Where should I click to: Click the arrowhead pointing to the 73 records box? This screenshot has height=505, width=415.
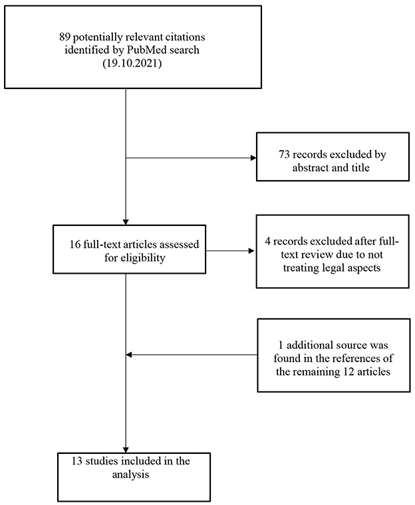253,159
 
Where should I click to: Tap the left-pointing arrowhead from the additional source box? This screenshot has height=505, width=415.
130,354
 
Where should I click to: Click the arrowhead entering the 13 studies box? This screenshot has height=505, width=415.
126,449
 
